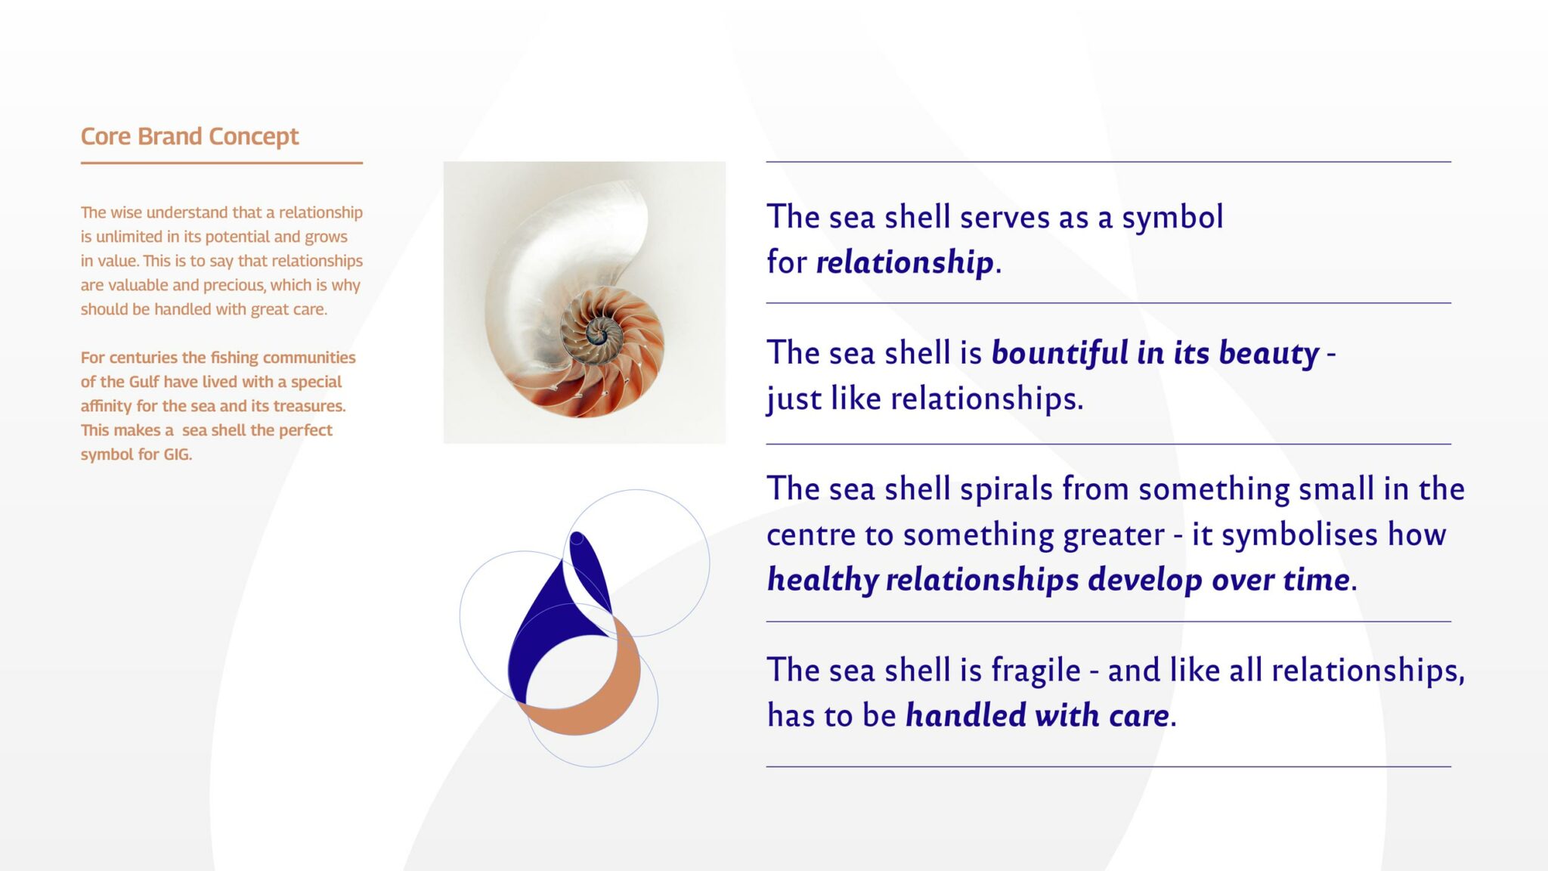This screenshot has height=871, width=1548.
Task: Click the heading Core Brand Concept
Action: pos(190,137)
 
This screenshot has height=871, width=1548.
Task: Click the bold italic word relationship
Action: pos(905,262)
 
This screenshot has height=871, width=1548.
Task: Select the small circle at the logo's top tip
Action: pos(577,538)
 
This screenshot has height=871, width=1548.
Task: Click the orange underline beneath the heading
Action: pos(221,163)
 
